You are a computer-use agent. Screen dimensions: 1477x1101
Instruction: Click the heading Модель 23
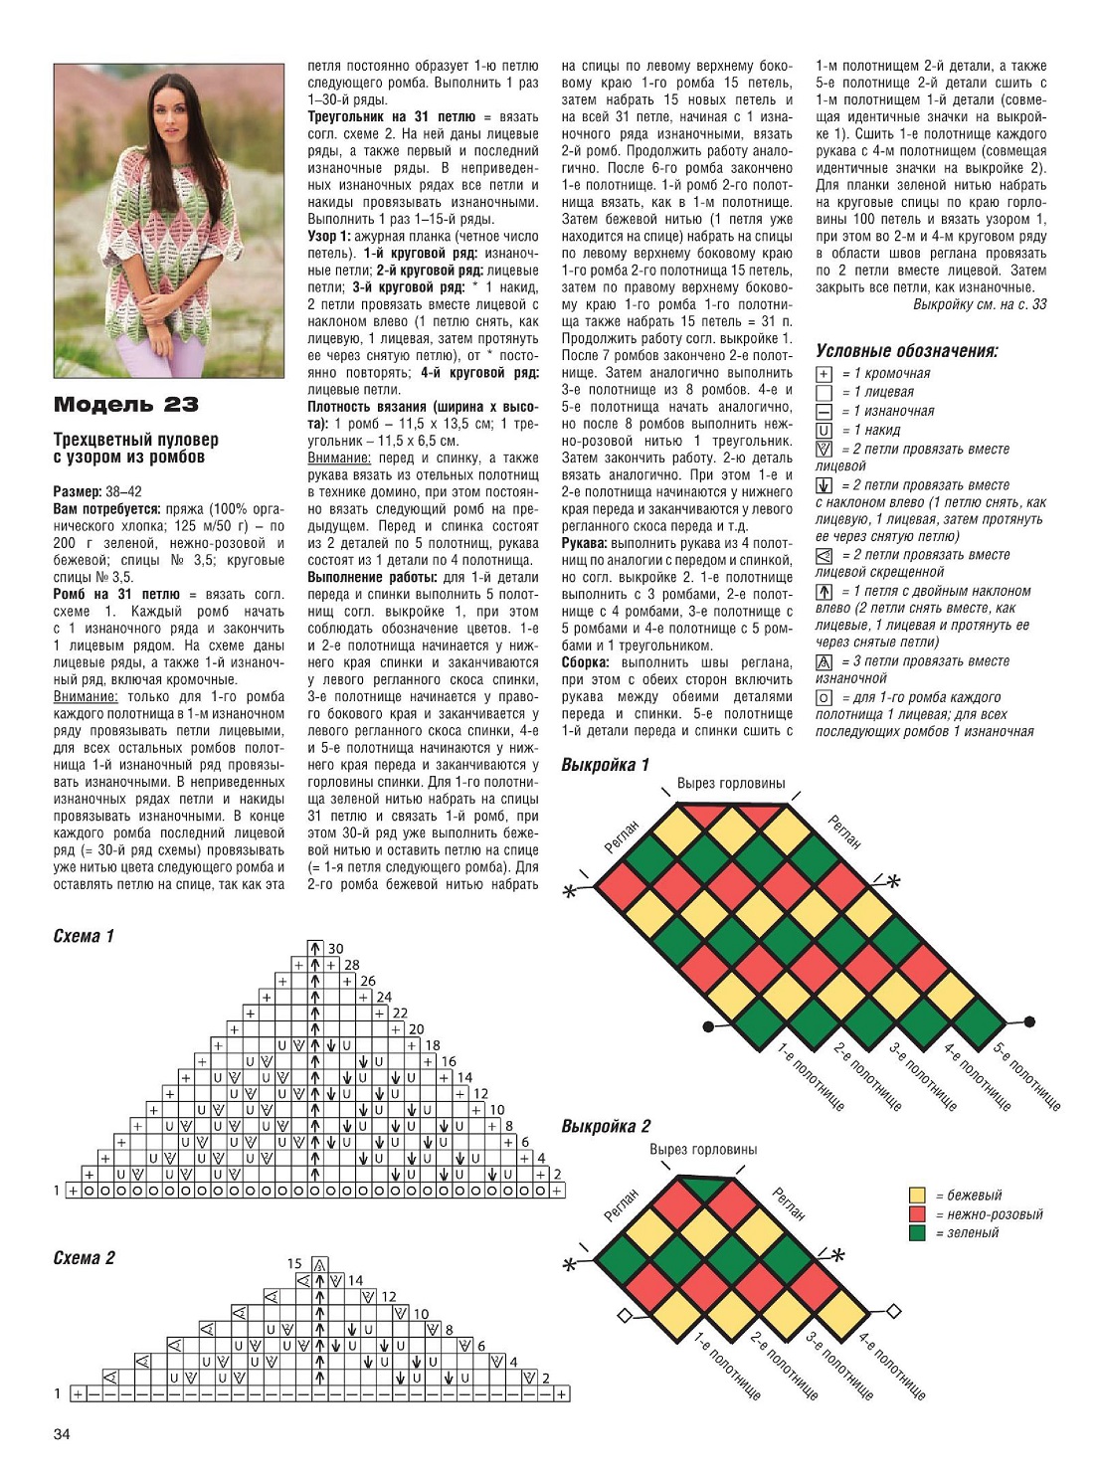click(125, 404)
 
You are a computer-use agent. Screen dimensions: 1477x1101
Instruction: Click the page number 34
click(62, 1433)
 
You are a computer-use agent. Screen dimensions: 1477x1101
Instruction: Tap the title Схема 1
click(84, 936)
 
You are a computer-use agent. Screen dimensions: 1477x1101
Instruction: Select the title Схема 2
click(84, 1258)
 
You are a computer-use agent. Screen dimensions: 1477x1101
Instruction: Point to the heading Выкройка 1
click(605, 765)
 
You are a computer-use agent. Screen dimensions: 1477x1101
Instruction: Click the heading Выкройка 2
click(605, 1126)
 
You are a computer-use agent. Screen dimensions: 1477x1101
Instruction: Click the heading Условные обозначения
click(906, 350)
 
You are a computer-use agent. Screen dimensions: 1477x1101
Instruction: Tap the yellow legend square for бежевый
click(917, 1196)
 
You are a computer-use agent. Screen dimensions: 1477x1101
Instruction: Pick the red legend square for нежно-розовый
click(917, 1214)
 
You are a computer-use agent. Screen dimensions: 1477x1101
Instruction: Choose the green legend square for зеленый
click(917, 1233)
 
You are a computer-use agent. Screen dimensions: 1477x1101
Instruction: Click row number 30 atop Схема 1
click(335, 949)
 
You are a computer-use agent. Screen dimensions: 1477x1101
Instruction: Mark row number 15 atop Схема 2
click(294, 1264)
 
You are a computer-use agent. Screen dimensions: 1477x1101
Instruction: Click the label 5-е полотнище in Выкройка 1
click(1026, 1076)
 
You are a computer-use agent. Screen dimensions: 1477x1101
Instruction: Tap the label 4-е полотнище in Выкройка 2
click(891, 1367)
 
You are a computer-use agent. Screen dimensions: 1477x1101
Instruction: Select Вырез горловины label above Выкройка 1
click(731, 784)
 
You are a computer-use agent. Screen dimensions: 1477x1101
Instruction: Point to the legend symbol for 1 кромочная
click(824, 374)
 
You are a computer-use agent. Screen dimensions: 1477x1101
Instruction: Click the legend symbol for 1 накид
click(824, 431)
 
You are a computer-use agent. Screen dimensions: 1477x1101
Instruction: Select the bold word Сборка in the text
click(585, 662)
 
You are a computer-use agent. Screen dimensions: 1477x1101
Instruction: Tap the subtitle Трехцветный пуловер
click(135, 440)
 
